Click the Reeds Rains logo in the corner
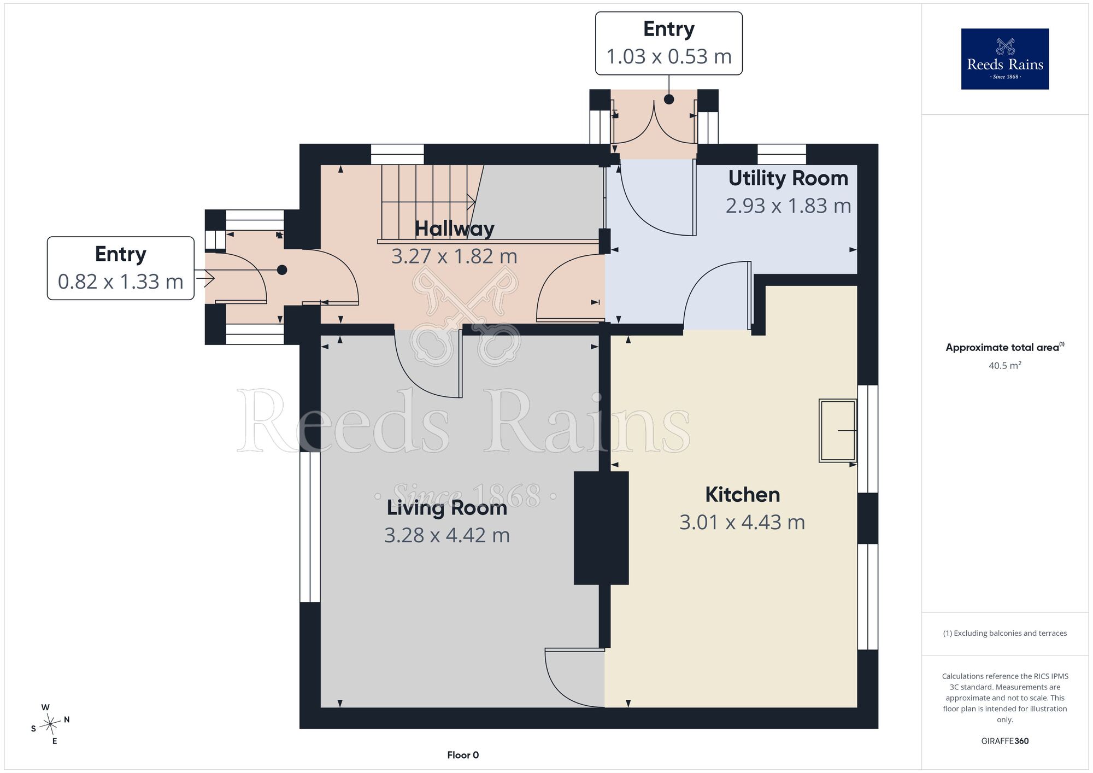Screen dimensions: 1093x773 (x=1004, y=59)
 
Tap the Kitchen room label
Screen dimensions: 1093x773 (x=742, y=495)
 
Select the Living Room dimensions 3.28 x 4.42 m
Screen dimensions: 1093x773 (x=447, y=535)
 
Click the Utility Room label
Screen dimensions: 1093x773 (x=788, y=178)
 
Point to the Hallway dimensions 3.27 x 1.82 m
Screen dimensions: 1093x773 (x=454, y=256)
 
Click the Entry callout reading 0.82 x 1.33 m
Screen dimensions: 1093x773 (x=121, y=268)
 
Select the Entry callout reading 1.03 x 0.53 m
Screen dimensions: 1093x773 (x=669, y=43)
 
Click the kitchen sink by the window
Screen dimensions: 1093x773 (x=837, y=431)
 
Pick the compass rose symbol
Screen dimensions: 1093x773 (x=50, y=724)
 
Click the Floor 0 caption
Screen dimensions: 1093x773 (x=463, y=755)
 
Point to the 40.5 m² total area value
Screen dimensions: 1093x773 (x=1004, y=365)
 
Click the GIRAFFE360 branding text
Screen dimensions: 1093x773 (x=1004, y=741)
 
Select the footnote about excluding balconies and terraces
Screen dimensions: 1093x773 (x=1004, y=633)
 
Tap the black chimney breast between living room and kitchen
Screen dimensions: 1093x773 (x=601, y=528)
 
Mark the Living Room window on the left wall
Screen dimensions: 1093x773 (x=310, y=527)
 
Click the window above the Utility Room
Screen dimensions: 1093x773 (x=781, y=154)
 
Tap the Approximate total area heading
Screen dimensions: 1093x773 (x=1005, y=347)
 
